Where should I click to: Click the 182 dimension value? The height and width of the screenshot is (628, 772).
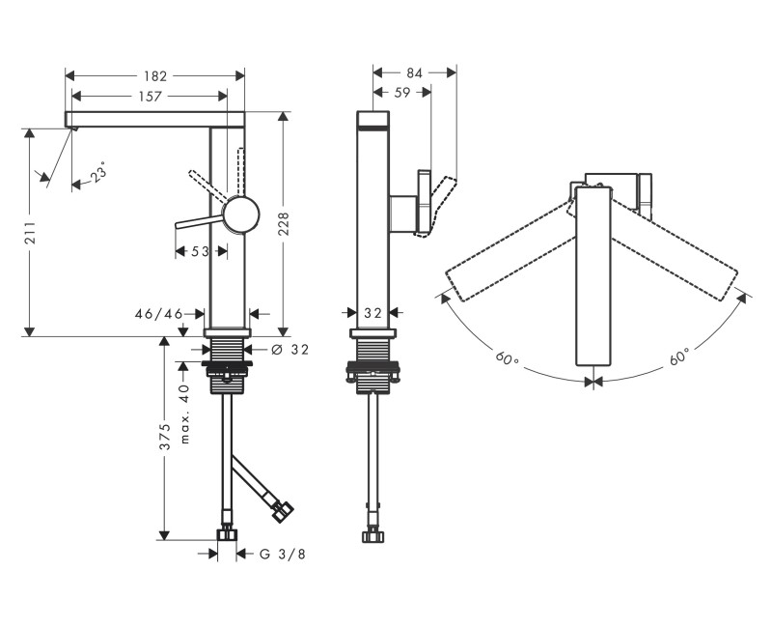click(x=155, y=75)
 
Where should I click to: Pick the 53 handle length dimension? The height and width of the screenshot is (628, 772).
click(x=200, y=251)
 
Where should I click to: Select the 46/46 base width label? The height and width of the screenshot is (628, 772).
click(x=160, y=313)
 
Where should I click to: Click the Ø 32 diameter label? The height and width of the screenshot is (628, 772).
click(x=290, y=350)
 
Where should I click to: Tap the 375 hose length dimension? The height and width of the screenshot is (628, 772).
click(x=165, y=436)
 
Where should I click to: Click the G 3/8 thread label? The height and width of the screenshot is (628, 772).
click(x=283, y=554)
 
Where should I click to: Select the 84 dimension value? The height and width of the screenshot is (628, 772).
click(x=415, y=72)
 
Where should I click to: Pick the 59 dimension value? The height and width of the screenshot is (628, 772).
click(x=401, y=94)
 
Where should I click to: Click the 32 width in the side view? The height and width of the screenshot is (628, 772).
click(x=372, y=313)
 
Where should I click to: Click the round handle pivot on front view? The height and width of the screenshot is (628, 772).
click(x=241, y=214)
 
